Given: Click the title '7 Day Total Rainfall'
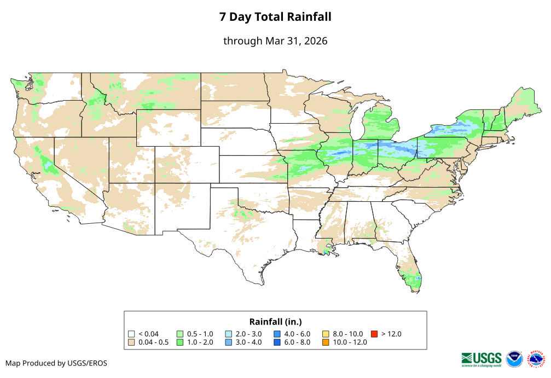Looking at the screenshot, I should pos(275,17).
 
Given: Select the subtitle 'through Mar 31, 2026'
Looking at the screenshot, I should pos(275,41).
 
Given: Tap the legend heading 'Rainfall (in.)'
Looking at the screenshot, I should pos(275,322).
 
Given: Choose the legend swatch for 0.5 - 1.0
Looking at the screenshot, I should pos(179,334).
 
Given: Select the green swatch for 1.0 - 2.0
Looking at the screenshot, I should pos(179,342).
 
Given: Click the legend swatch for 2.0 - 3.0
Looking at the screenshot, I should pos(228,334).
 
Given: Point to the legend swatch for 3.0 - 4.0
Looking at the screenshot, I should pos(228,342).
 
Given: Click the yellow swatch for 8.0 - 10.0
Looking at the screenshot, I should pos(326,334).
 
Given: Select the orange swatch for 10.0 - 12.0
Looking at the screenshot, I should pos(326,342).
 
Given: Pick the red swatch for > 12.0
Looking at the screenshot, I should pos(374,334).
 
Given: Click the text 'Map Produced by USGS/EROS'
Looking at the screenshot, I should pos(56,363).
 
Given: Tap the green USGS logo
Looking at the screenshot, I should pos(482,359).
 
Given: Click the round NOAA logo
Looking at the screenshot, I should pos(514,359).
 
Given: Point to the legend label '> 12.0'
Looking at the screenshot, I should pos(392,334).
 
